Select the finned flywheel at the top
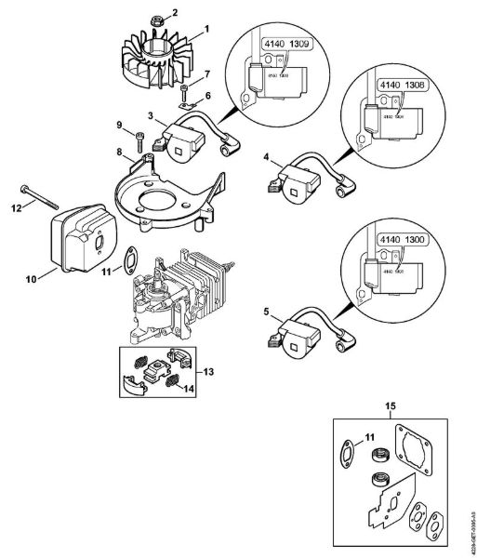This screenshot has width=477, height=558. point(154,57)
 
